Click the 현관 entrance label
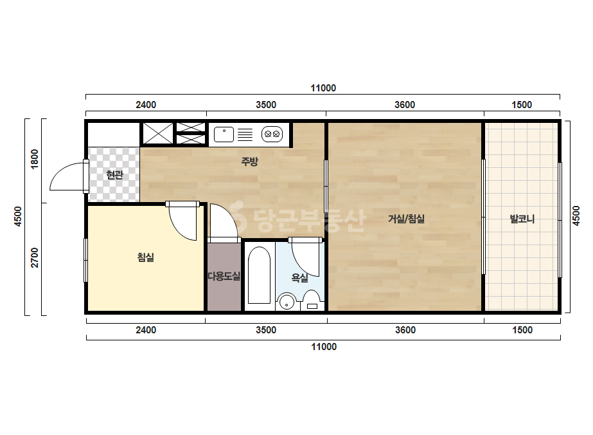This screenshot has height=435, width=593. [114, 174]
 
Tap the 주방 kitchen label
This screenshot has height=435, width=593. [250, 162]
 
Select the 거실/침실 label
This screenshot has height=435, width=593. [406, 219]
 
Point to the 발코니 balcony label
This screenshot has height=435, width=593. [522, 219]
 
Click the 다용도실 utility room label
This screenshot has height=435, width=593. [224, 276]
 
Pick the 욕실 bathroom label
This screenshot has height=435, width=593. [299, 278]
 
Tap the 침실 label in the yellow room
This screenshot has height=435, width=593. [146, 257]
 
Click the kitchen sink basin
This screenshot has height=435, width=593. [224, 134]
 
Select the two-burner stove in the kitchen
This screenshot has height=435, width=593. [272, 134]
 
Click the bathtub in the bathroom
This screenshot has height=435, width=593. [259, 275]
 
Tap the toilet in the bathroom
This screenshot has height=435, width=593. [312, 301]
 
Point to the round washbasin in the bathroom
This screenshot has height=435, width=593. [287, 302]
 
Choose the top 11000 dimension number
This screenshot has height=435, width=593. [323, 88]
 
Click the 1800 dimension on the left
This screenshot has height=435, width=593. [35, 159]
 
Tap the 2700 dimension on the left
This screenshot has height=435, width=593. [35, 257]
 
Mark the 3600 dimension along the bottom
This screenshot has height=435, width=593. [405, 330]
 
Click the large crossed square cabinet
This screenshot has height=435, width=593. [157, 133]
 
